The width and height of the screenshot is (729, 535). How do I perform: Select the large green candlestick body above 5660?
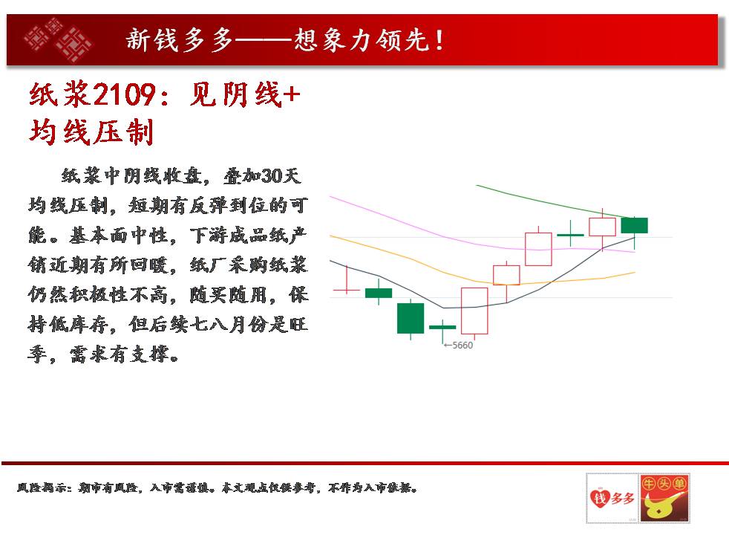[x=411, y=318]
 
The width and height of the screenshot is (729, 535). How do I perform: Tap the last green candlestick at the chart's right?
[x=634, y=225]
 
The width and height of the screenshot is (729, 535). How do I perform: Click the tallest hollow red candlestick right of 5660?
[x=474, y=311]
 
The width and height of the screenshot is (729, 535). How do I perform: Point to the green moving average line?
[x=553, y=204]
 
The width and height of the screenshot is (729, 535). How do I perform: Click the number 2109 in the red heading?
[x=124, y=95]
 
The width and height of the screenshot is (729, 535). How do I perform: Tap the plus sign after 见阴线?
[x=292, y=95]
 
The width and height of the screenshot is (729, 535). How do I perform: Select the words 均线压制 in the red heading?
[x=91, y=132]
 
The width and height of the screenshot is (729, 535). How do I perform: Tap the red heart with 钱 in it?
[x=600, y=498]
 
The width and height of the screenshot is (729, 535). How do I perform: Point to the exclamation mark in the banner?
[x=439, y=40]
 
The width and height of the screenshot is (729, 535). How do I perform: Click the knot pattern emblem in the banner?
[x=58, y=39]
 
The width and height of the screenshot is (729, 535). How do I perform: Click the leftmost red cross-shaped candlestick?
[x=347, y=279]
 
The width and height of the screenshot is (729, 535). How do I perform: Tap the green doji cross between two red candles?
[x=570, y=234]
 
